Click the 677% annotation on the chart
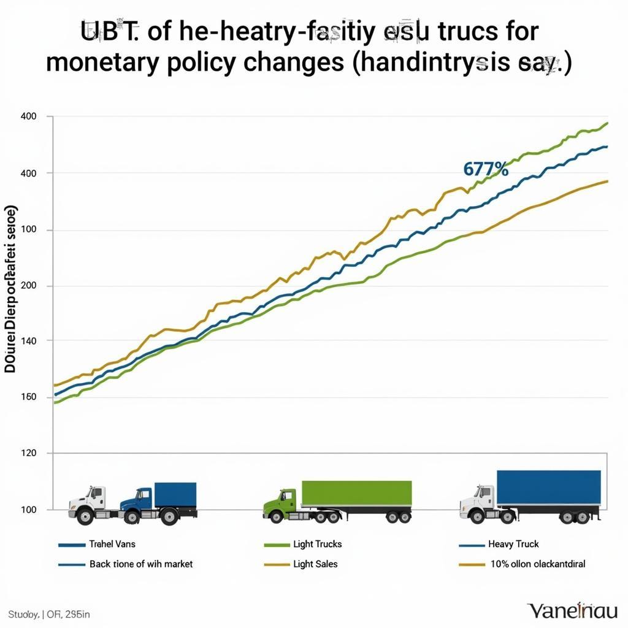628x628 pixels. tap(486, 170)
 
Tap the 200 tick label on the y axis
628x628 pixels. tap(29, 286)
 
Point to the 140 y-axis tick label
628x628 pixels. tap(29, 340)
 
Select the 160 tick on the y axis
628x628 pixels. tap(29, 397)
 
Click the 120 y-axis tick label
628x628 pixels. tap(29, 453)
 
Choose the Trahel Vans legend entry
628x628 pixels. tap(113, 544)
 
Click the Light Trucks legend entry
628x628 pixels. tap(318, 544)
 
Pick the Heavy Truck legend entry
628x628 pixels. tap(513, 544)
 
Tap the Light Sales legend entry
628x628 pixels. tap(315, 564)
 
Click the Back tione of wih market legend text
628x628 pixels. tap(140, 564)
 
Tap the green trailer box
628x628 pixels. tap(356, 493)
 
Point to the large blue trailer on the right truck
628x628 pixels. tap(548, 488)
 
